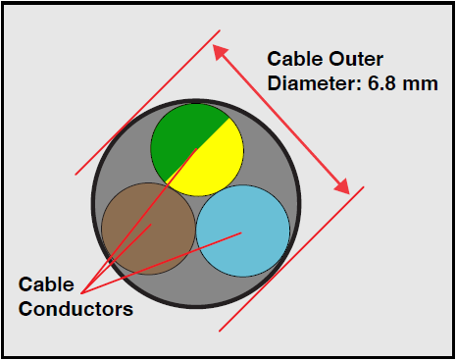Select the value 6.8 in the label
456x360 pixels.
point(380,84)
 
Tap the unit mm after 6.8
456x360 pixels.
point(420,84)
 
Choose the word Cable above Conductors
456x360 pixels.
point(46,285)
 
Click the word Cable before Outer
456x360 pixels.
point(295,60)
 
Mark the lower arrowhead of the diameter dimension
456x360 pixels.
point(344,186)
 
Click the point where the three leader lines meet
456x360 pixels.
point(82,291)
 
